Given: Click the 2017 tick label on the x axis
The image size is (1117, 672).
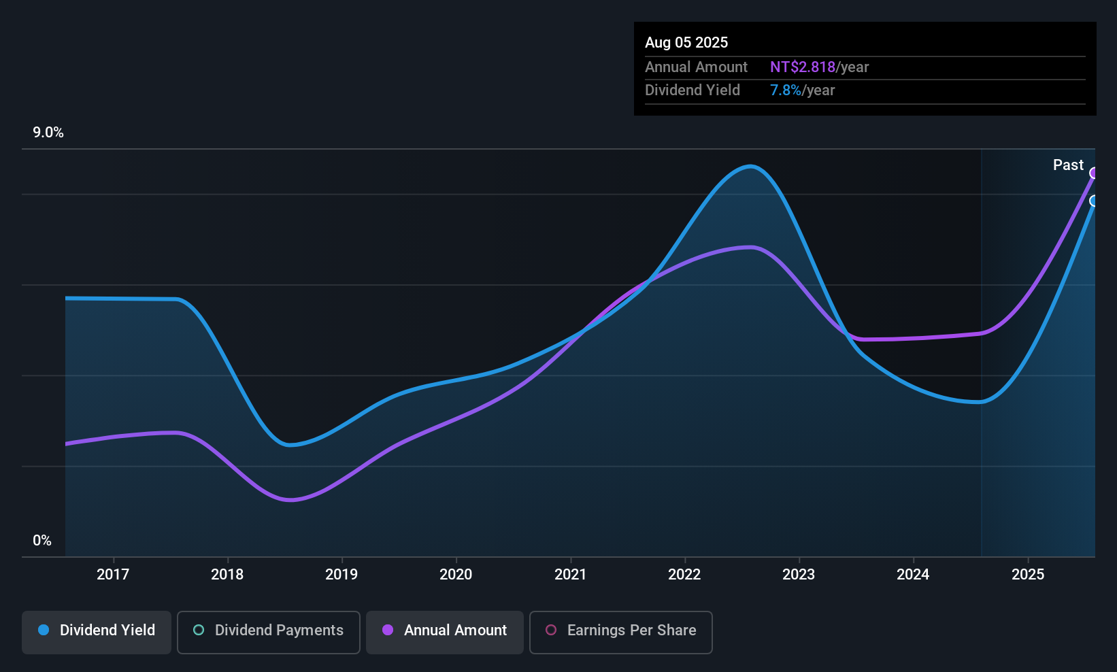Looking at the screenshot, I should point(113,574).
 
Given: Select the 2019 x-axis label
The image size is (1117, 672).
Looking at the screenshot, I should point(341,574).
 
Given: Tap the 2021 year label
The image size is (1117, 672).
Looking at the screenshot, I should point(570,574).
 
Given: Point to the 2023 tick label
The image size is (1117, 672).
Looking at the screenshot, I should point(799,574).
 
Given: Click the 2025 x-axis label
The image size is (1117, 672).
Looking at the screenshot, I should point(1027,574).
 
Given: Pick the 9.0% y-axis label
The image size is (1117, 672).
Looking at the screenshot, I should point(48,133).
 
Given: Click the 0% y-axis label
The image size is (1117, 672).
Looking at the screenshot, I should point(42,540).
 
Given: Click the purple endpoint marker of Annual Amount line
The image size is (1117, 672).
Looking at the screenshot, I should point(1095,173).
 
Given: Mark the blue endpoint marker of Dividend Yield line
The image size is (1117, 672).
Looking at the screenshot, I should point(1095,201).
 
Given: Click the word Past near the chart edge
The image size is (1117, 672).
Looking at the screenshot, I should point(1068,165).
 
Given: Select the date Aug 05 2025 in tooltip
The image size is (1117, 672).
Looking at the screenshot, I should point(686,42).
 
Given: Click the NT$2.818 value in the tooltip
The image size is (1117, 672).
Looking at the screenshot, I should point(802,67).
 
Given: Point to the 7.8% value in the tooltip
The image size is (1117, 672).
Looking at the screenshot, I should point(785,90).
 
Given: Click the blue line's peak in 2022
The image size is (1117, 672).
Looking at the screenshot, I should point(750,166).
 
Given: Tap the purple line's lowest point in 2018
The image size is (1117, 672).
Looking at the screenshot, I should point(290,500).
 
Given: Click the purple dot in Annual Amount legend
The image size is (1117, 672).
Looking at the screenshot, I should point(388,630).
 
